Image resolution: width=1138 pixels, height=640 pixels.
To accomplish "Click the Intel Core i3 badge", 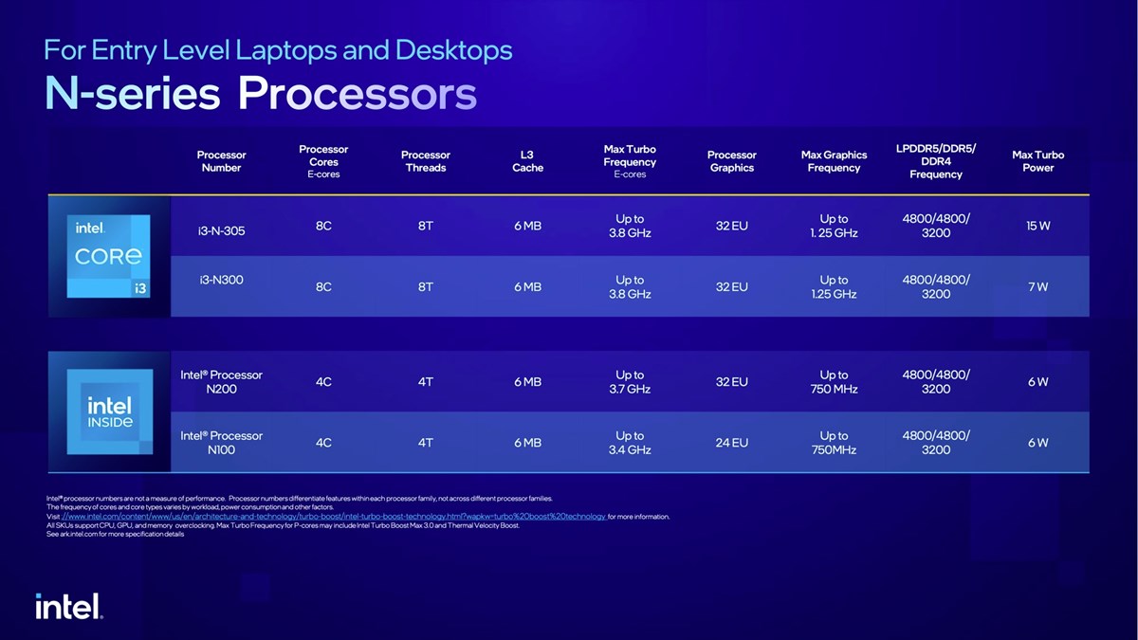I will [x=109, y=256].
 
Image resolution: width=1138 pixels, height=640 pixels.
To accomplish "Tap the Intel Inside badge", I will [x=109, y=412].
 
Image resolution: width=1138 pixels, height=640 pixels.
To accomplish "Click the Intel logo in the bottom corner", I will [x=69, y=607].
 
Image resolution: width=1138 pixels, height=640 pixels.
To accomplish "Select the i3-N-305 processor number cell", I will [x=221, y=230].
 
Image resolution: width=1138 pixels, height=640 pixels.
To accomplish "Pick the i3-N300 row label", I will [x=221, y=281].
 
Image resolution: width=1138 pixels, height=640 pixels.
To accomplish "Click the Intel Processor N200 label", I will [x=221, y=382].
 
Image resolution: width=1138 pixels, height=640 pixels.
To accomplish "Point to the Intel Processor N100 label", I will [x=221, y=443].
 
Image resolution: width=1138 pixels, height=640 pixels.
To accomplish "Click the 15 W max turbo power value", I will [x=1037, y=226].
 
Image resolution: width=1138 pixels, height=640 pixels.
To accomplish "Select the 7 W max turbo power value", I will [x=1037, y=286].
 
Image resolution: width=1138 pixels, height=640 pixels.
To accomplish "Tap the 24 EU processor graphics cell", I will [x=731, y=443].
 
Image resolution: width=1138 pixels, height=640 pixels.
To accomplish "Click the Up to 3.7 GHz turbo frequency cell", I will [x=630, y=382].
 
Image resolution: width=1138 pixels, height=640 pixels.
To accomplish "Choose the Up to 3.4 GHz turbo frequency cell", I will [x=630, y=443].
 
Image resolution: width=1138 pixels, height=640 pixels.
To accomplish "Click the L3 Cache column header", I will [x=527, y=161].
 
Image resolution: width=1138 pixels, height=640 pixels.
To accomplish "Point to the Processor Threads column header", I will [x=426, y=161].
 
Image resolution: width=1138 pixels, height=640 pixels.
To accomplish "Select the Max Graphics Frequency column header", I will [x=834, y=161].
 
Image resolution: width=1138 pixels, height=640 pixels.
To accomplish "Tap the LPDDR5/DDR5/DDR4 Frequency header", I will [x=935, y=161].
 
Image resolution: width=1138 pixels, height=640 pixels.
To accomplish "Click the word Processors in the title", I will [x=357, y=94].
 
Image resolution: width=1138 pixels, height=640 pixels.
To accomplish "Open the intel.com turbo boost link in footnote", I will [x=333, y=517].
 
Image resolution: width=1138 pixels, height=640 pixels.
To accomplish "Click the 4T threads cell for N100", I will [x=426, y=443].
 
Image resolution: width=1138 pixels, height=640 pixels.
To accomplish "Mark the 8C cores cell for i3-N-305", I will [x=323, y=226].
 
